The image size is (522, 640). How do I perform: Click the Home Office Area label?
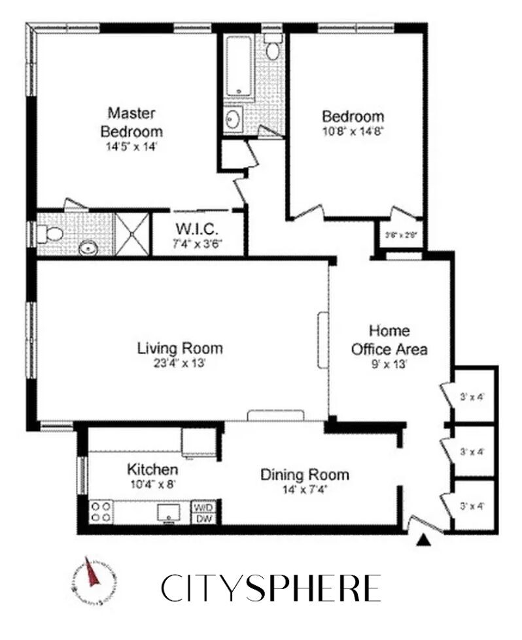click(389, 340)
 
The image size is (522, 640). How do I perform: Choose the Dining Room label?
click(305, 475)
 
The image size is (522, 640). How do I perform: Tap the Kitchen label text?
click(152, 470)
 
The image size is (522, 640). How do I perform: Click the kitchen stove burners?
click(100, 511)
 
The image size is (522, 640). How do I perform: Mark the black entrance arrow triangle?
click(424, 539)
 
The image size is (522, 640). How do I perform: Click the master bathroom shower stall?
click(133, 232)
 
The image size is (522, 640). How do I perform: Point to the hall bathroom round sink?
click(234, 120)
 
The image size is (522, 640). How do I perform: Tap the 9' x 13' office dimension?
click(389, 364)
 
